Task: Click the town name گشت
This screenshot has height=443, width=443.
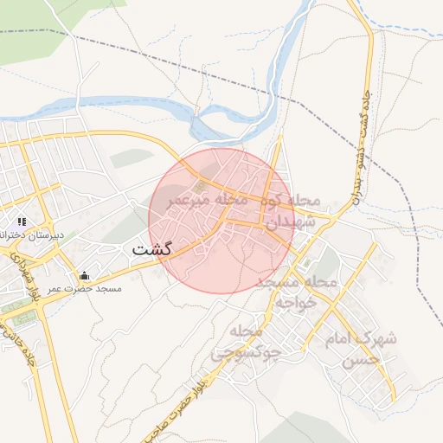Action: point(152,249)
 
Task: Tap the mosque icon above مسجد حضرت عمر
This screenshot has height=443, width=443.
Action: point(83,276)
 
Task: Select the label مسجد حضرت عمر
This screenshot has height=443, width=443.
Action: point(85,288)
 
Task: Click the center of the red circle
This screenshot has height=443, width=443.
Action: point(222,221)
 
